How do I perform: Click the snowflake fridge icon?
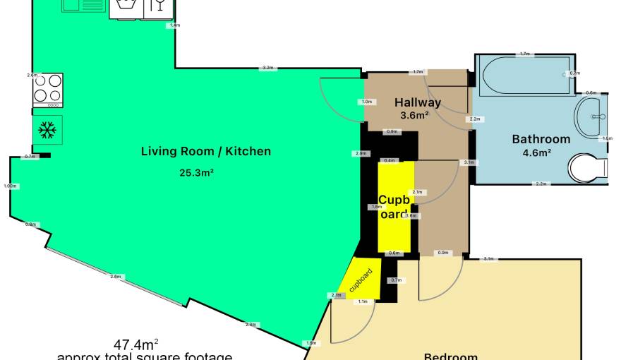47,130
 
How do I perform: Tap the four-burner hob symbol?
47,90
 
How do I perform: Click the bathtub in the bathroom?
524,76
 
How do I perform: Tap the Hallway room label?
418,102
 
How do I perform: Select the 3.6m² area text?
415,116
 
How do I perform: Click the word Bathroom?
541,139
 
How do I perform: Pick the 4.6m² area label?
536,152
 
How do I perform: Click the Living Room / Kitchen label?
205,151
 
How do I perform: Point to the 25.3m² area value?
198,171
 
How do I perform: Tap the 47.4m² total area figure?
136,345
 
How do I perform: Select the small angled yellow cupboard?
359,278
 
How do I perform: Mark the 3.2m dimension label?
267,68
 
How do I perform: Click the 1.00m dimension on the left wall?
10,186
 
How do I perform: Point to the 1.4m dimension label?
174,25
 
